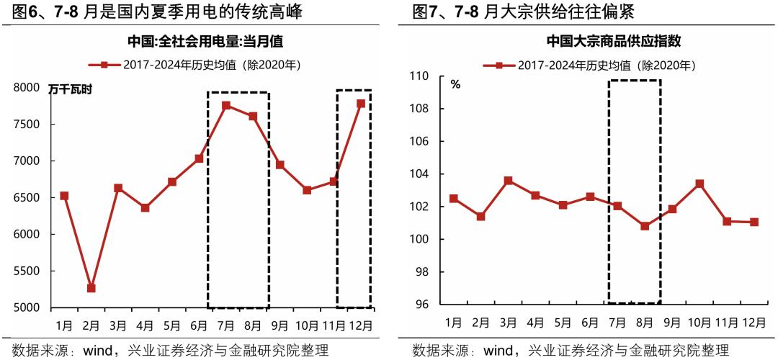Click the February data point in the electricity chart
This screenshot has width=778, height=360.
coord(91,288)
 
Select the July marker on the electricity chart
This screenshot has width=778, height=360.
coord(226,106)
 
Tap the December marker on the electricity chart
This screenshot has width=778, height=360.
coord(361,104)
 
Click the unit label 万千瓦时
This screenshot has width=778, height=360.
coord(71,90)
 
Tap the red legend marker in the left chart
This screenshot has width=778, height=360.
coord(104,65)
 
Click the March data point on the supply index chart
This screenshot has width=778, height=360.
coord(508,181)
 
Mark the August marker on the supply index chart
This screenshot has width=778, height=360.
coord(645,226)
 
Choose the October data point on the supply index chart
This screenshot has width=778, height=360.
coord(699,184)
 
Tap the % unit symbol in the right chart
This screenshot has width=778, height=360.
coord(455,84)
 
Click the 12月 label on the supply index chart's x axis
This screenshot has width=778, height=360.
coord(754,321)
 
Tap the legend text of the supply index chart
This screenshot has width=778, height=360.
coord(606,66)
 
